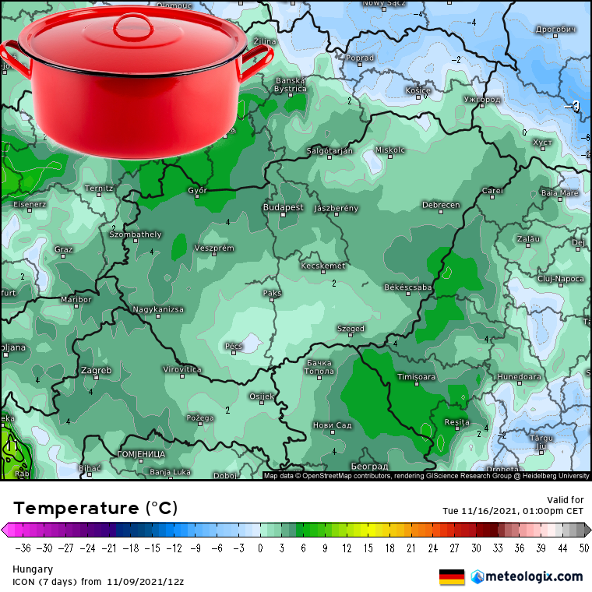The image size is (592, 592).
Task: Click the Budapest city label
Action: [283, 208]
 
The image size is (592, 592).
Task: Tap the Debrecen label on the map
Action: [441, 205]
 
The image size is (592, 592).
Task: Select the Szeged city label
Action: [351, 329]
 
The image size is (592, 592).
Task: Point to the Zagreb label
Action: [96, 370]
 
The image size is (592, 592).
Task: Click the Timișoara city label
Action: [416, 377]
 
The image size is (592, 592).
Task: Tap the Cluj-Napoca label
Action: [561, 278]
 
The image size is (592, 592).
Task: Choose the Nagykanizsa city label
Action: [158, 309]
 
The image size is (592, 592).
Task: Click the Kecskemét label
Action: [322, 266]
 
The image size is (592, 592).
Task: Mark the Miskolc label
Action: [390, 150]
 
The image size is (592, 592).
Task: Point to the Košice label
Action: [418, 90]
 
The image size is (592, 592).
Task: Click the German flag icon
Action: [452, 576]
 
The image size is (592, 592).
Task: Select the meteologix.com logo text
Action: [534, 576]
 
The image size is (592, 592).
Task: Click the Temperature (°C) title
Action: [95, 509]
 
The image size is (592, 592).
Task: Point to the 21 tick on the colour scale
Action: [410, 548]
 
